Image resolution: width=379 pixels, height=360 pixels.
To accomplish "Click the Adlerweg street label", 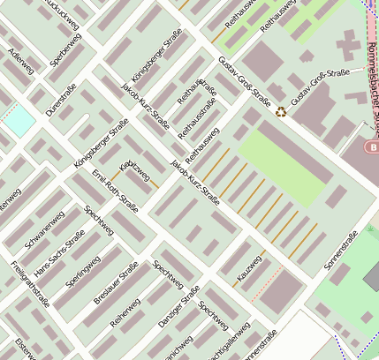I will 19,60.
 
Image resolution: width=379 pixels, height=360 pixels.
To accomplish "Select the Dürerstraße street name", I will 61,100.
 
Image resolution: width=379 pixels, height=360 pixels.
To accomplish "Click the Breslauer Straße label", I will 116,283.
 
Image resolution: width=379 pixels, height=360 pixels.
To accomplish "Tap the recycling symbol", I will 281,112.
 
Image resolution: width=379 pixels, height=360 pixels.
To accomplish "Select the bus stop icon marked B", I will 374,146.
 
